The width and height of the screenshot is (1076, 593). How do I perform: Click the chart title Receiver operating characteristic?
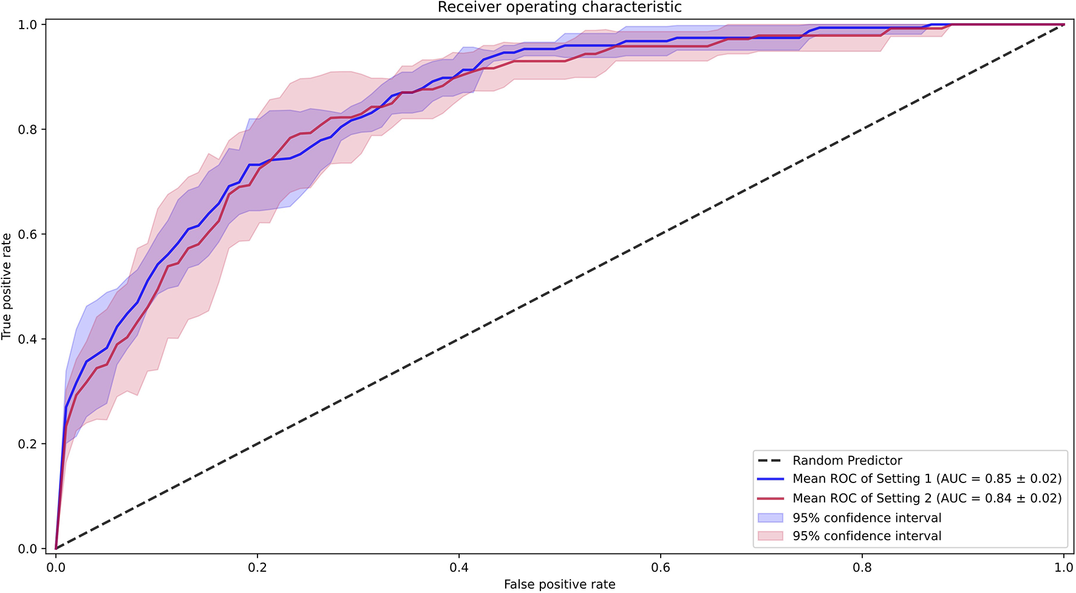[559, 7]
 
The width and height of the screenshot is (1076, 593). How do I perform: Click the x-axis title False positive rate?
[559, 584]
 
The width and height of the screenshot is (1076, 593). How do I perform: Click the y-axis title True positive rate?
[7, 286]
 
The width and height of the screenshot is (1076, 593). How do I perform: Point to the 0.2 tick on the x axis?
[257, 567]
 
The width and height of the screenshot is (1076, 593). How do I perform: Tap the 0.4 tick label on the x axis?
[459, 567]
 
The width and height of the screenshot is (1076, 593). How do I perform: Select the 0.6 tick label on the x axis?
[661, 567]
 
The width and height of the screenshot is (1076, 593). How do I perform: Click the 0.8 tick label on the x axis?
[862, 567]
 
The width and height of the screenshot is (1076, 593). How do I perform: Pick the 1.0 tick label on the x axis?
[1064, 567]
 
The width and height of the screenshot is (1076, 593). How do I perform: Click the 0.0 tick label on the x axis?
[56, 567]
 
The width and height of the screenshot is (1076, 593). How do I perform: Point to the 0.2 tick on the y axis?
[29, 444]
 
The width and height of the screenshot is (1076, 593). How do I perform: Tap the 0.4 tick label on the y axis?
[29, 339]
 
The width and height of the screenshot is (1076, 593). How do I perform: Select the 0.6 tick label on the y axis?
[29, 235]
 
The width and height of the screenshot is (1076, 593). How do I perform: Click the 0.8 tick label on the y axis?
[29, 129]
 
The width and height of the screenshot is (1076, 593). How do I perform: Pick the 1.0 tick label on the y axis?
[29, 25]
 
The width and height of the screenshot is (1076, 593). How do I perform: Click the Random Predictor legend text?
[847, 461]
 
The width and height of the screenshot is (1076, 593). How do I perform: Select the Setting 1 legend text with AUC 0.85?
[927, 479]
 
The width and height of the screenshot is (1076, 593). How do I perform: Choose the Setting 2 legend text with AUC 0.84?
[927, 498]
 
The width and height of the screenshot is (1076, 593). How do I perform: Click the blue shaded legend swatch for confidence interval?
[771, 518]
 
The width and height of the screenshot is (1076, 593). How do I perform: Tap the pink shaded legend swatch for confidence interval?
[771, 536]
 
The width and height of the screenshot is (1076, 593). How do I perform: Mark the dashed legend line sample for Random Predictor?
[771, 461]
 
